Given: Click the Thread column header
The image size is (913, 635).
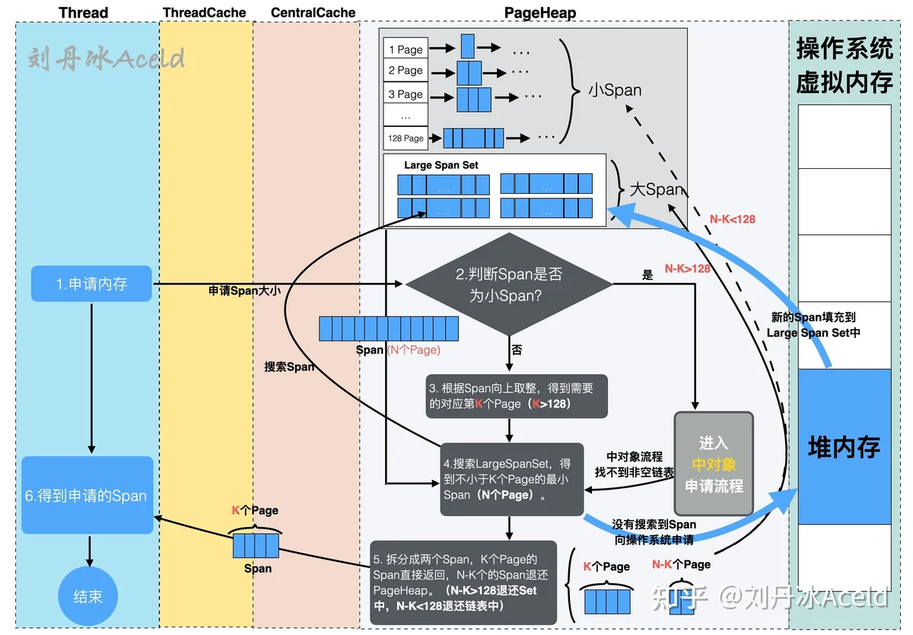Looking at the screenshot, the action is click(x=83, y=13).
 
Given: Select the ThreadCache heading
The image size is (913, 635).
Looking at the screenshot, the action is click(x=204, y=13).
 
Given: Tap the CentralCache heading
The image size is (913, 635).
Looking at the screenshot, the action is click(x=313, y=13).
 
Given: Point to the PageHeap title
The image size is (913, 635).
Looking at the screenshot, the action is click(x=540, y=13).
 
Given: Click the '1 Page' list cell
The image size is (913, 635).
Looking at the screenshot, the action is click(x=406, y=49).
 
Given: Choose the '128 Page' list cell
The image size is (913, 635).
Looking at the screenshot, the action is click(x=406, y=138).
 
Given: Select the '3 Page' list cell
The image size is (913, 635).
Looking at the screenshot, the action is click(x=406, y=94).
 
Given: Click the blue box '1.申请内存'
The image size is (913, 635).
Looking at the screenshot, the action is click(x=91, y=284).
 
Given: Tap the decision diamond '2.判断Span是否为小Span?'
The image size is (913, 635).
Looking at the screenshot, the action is click(x=509, y=284).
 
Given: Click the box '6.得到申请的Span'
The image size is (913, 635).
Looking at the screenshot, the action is click(x=87, y=495).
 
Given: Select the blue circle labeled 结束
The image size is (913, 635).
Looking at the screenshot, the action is click(x=87, y=596).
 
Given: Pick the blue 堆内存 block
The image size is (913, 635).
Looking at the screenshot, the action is click(x=845, y=447).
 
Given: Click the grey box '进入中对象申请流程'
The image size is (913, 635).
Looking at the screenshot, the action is click(x=714, y=464).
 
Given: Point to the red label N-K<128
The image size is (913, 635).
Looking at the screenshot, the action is click(x=732, y=220).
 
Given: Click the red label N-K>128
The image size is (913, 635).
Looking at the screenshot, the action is click(x=687, y=268).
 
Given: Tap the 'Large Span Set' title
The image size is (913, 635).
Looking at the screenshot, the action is click(x=441, y=165).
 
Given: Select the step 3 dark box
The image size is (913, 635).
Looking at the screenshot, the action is click(x=517, y=396).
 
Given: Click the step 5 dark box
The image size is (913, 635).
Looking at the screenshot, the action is click(x=463, y=583).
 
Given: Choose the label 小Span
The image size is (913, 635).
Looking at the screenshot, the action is click(x=615, y=90).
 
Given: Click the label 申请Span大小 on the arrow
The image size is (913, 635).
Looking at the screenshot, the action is click(x=244, y=291).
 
